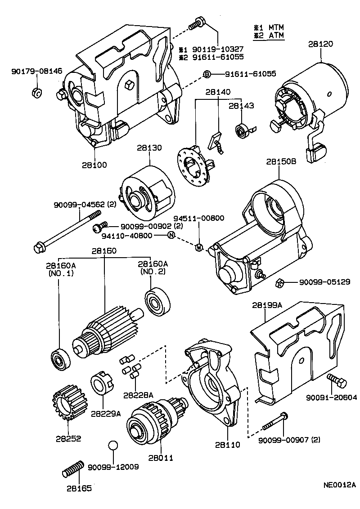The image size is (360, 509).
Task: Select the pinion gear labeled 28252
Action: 66,403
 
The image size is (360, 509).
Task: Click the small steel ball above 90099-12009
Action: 113,446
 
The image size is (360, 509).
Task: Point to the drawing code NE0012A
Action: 339,485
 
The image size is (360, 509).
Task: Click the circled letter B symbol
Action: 207,74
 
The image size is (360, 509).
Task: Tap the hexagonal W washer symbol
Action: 198,246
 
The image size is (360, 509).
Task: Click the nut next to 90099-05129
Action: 279,282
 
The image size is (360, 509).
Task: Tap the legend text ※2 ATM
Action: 269,36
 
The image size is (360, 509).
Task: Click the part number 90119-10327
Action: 218,49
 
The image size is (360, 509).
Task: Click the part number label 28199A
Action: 267,305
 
